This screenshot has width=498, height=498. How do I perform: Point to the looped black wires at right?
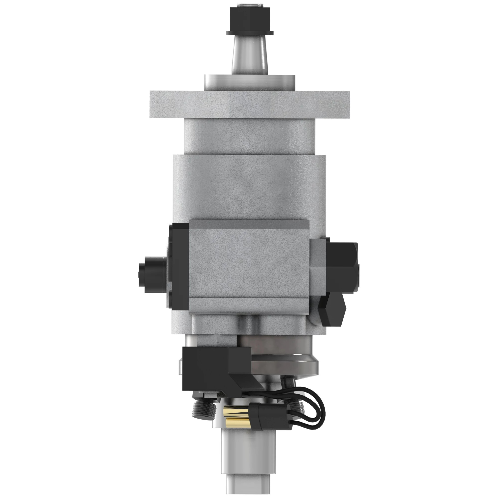coord(313,410)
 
